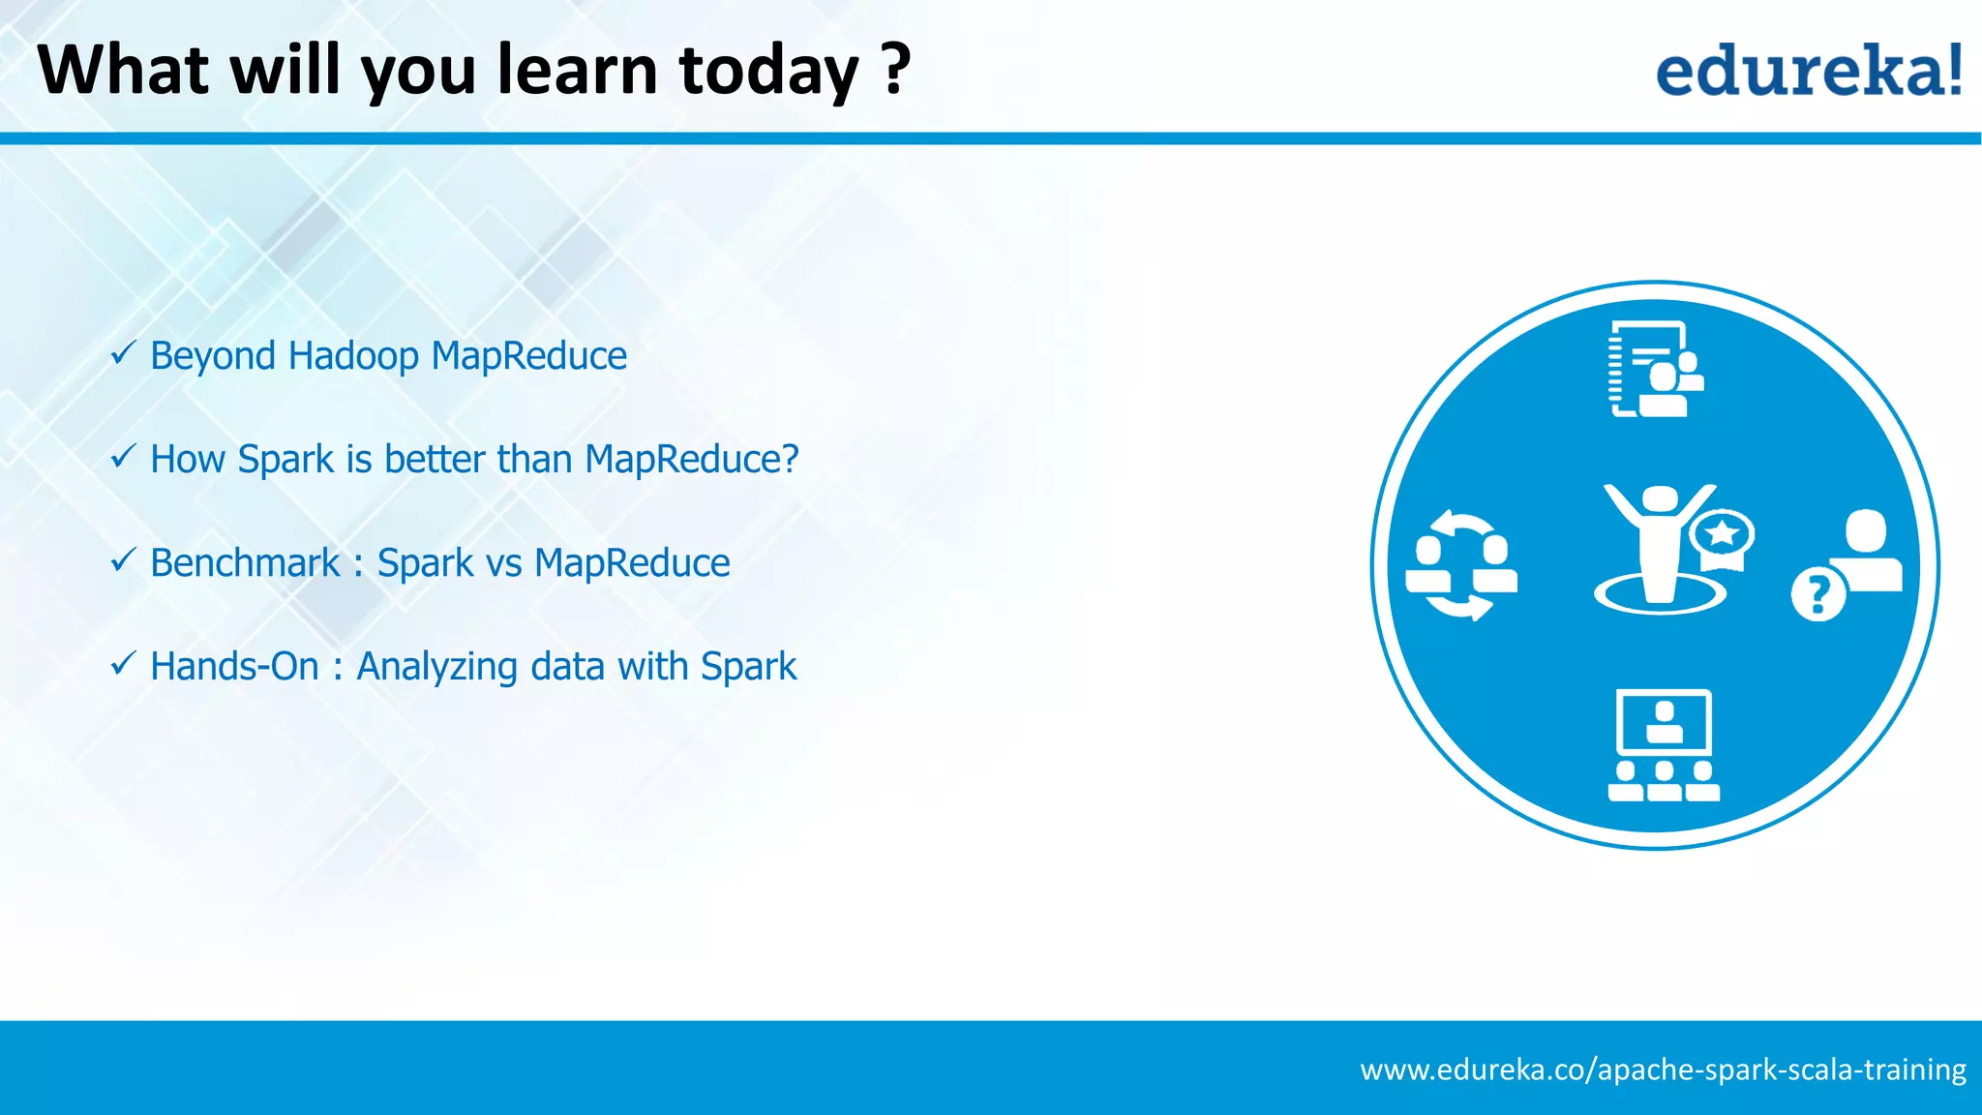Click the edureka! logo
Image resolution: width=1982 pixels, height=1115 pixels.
pos(1808,71)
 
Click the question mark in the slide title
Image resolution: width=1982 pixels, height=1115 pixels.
pos(897,70)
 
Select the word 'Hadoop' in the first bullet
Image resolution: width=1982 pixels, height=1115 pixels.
pos(353,356)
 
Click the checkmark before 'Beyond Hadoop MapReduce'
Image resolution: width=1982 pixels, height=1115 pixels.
pos(123,353)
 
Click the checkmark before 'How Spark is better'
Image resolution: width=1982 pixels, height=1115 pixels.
pos(123,456)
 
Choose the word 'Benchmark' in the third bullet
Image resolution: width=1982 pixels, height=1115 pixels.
pos(245,563)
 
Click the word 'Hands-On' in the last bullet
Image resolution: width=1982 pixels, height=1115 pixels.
pos(234,667)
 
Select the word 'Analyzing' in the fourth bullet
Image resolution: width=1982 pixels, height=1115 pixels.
pos(436,667)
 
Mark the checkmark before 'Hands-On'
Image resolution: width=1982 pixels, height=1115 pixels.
pos(123,664)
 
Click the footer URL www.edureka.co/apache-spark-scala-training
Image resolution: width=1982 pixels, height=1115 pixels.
pos(1663,1070)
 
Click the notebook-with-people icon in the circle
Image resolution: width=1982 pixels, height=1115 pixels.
pos(1655,370)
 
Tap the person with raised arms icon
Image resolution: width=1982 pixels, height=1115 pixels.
pos(1657,548)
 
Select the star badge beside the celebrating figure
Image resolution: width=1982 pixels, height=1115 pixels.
pos(1722,535)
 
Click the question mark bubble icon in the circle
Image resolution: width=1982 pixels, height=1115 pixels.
pos(1817,594)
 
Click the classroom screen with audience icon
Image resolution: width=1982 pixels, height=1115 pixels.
pos(1664,745)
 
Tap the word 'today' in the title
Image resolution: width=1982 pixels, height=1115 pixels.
pos(768,70)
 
